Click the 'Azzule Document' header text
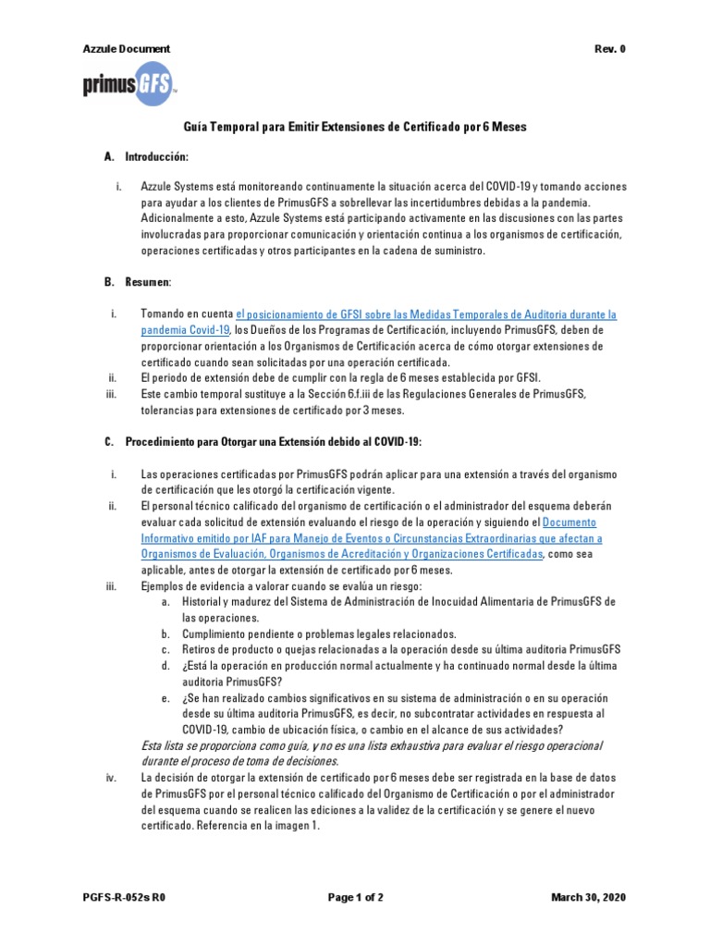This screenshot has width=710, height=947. click(x=127, y=49)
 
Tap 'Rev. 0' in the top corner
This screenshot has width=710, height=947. click(x=610, y=49)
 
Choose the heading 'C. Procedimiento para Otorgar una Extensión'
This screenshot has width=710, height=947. click(x=263, y=442)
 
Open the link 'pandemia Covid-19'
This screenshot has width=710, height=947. click(x=185, y=330)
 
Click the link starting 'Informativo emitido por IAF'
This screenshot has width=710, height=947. click(x=359, y=538)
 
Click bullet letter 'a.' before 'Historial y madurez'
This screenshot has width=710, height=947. click(x=165, y=602)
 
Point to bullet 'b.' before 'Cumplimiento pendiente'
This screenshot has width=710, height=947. click(x=165, y=634)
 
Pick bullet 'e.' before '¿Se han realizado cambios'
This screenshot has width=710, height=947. click(x=165, y=698)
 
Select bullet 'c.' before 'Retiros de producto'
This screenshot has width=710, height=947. click(x=165, y=650)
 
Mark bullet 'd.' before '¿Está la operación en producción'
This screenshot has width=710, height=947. click(x=165, y=666)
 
